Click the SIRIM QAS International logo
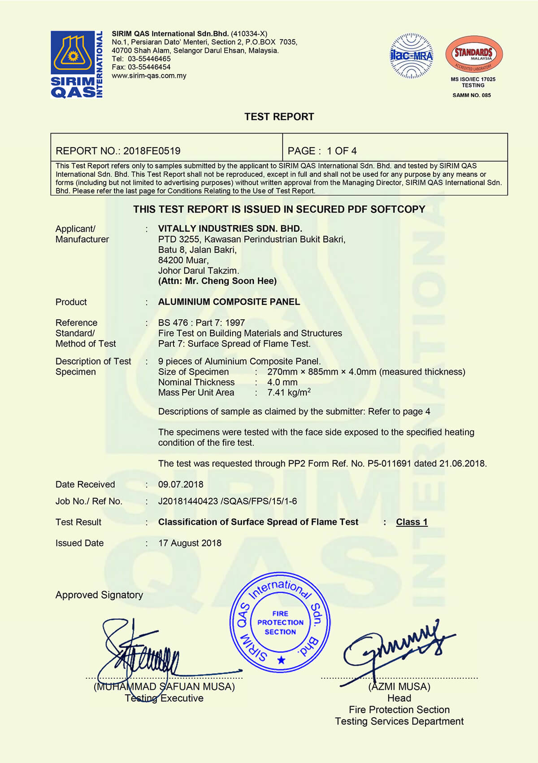(x=77, y=64)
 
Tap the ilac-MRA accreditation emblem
(x=411, y=56)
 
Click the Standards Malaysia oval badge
(x=473, y=54)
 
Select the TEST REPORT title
(x=279, y=117)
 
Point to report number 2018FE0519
(x=152, y=151)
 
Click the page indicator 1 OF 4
(x=342, y=151)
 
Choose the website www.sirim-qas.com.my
(x=149, y=75)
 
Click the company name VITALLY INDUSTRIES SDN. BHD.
(x=230, y=228)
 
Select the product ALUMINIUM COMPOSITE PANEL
(x=229, y=302)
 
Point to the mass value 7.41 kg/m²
(x=289, y=392)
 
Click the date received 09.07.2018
(x=181, y=484)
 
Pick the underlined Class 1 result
(x=412, y=522)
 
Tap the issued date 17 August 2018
(x=190, y=543)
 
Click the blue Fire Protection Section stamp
(x=280, y=623)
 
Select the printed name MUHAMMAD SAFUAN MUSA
(x=164, y=687)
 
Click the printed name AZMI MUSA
(x=399, y=687)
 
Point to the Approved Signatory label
(x=99, y=595)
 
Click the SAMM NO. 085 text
(x=472, y=95)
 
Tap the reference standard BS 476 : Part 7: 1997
(x=201, y=323)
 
